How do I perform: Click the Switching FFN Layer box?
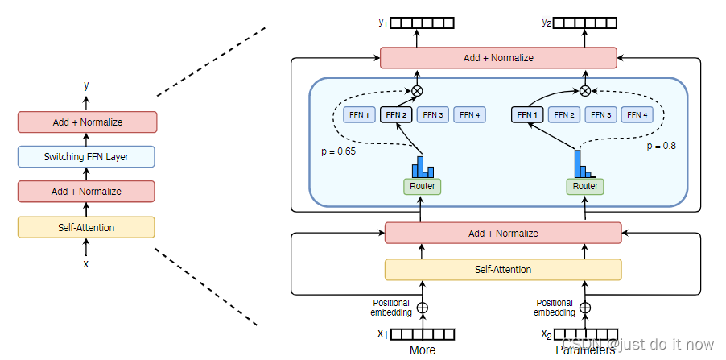click(86, 157)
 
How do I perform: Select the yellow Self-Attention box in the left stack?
click(86, 228)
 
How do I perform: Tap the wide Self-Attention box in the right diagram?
click(503, 269)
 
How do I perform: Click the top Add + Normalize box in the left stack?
click(86, 122)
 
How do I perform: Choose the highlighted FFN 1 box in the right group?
click(527, 115)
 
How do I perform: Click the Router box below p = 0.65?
click(423, 187)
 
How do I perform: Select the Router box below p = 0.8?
click(585, 187)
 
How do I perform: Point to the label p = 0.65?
click(337, 150)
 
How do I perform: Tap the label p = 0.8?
click(662, 147)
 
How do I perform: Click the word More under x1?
click(423, 350)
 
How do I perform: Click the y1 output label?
click(383, 23)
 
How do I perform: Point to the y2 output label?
click(547, 23)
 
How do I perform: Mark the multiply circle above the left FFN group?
click(417, 91)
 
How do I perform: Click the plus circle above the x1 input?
click(422, 308)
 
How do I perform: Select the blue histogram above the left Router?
click(423, 167)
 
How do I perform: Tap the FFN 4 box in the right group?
click(637, 115)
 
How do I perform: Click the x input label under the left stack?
click(86, 263)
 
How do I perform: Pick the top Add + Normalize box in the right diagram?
click(498, 58)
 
